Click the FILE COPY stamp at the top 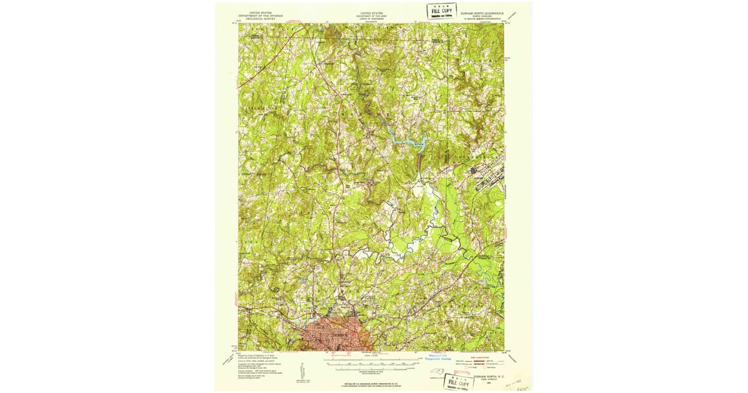441,11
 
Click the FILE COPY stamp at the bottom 458,382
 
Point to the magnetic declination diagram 303,368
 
